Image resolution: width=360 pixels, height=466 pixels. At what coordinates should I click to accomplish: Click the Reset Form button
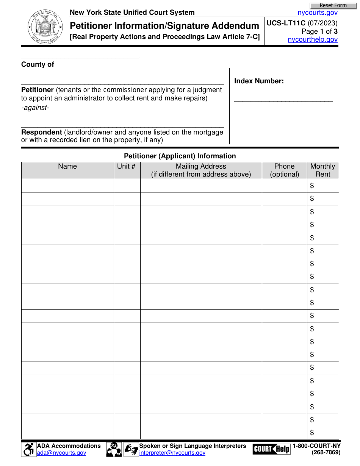click(x=333, y=6)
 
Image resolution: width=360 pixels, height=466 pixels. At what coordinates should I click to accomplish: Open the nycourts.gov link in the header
click(x=318, y=13)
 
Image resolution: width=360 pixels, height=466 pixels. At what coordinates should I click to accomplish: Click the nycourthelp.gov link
click(x=313, y=39)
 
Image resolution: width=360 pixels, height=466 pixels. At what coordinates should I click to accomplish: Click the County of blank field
click(x=91, y=65)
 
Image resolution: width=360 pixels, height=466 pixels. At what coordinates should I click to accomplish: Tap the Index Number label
click(x=259, y=81)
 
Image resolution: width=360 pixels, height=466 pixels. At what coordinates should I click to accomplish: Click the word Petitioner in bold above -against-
click(x=37, y=90)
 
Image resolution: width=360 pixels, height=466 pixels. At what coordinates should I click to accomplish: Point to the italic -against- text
click(x=35, y=108)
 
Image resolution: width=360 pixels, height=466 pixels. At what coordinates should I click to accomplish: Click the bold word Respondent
click(x=41, y=132)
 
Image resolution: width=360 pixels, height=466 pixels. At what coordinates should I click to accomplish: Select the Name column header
click(x=67, y=167)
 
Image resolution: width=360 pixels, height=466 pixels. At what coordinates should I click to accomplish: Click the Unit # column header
click(x=127, y=167)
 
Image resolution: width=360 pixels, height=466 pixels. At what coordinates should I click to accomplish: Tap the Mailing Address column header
click(x=201, y=170)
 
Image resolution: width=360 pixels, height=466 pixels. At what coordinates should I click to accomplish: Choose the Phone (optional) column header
click(x=284, y=170)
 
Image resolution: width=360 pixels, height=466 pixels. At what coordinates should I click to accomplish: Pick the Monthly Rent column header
click(x=322, y=170)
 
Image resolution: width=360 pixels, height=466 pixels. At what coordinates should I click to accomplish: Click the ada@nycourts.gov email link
click(x=61, y=453)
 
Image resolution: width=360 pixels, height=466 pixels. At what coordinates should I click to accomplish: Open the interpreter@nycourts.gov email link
click(x=172, y=453)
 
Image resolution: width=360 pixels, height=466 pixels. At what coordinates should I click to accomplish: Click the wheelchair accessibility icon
click(x=28, y=449)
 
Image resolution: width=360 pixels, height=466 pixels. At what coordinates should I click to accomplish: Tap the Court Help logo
click(x=271, y=449)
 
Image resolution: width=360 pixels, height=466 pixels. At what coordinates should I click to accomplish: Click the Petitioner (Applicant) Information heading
click(x=180, y=156)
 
